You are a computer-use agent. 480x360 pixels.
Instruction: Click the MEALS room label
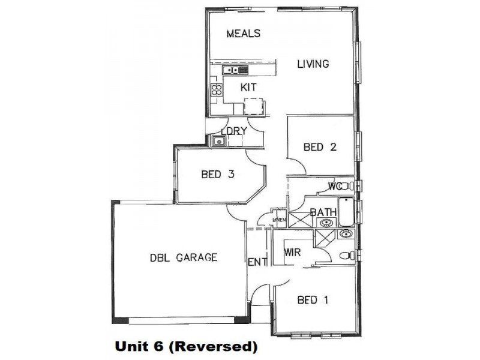(243, 34)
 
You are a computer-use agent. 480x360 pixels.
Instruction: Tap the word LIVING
(313, 64)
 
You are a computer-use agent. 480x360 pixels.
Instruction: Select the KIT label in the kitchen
(248, 88)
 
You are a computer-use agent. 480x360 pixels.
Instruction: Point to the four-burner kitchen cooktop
(216, 91)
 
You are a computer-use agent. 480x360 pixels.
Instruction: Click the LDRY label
(234, 131)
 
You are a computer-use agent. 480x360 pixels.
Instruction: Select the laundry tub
(218, 142)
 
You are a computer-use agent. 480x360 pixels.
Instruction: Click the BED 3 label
(217, 175)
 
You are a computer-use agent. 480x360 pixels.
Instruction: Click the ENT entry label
(257, 262)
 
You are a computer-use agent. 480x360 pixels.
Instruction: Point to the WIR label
(292, 252)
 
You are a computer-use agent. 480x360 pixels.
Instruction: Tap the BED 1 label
(313, 300)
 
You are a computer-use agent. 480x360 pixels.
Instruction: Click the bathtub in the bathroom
(346, 212)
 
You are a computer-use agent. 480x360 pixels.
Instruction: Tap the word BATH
(323, 212)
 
